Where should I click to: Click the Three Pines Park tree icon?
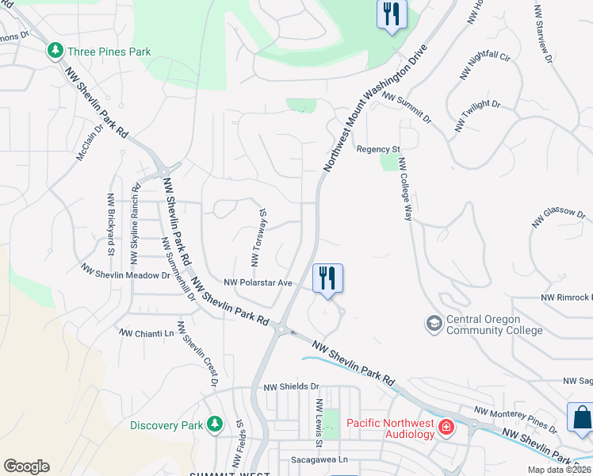point(55,52)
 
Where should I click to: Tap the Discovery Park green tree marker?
point(214,424)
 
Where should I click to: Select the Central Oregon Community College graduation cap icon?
point(434,323)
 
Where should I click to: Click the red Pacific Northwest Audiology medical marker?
point(447,428)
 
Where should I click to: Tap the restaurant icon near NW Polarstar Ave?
point(327,279)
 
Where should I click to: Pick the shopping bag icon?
point(581,418)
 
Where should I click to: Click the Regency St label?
point(378,149)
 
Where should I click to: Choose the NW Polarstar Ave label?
point(258,282)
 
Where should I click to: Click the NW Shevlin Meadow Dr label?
point(125,272)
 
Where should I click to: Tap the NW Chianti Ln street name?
point(146,333)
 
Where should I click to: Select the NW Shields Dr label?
point(290,386)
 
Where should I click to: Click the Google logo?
point(26,466)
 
